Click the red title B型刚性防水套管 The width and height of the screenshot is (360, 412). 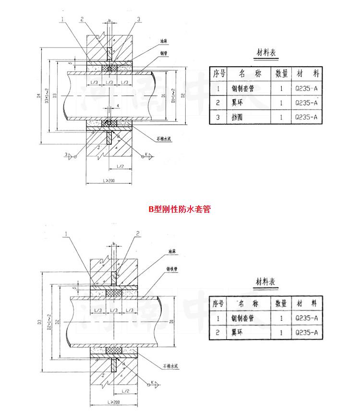[x=180, y=209]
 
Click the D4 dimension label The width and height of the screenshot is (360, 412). [x=38, y=95]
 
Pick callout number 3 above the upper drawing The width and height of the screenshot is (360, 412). [x=138, y=19]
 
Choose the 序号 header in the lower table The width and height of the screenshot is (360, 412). [x=218, y=304]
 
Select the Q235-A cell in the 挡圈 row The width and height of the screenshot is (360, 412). [x=307, y=118]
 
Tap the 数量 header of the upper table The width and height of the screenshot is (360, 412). [x=281, y=73]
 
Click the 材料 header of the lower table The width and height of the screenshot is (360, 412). [x=307, y=304]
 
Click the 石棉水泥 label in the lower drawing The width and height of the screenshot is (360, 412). [x=170, y=365]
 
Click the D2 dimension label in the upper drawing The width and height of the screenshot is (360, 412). [x=183, y=95]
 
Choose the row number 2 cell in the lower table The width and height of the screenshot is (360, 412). [x=218, y=332]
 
